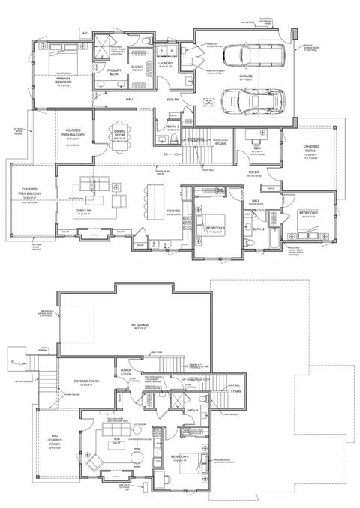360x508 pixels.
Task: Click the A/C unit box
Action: [85, 33]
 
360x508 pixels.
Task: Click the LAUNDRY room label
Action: [166, 64]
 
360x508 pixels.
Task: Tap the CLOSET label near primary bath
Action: [137, 66]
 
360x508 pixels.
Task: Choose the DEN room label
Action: [256, 148]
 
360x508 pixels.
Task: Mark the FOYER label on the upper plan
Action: [254, 172]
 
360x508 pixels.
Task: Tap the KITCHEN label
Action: [172, 211]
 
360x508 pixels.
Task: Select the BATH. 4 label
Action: [192, 410]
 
